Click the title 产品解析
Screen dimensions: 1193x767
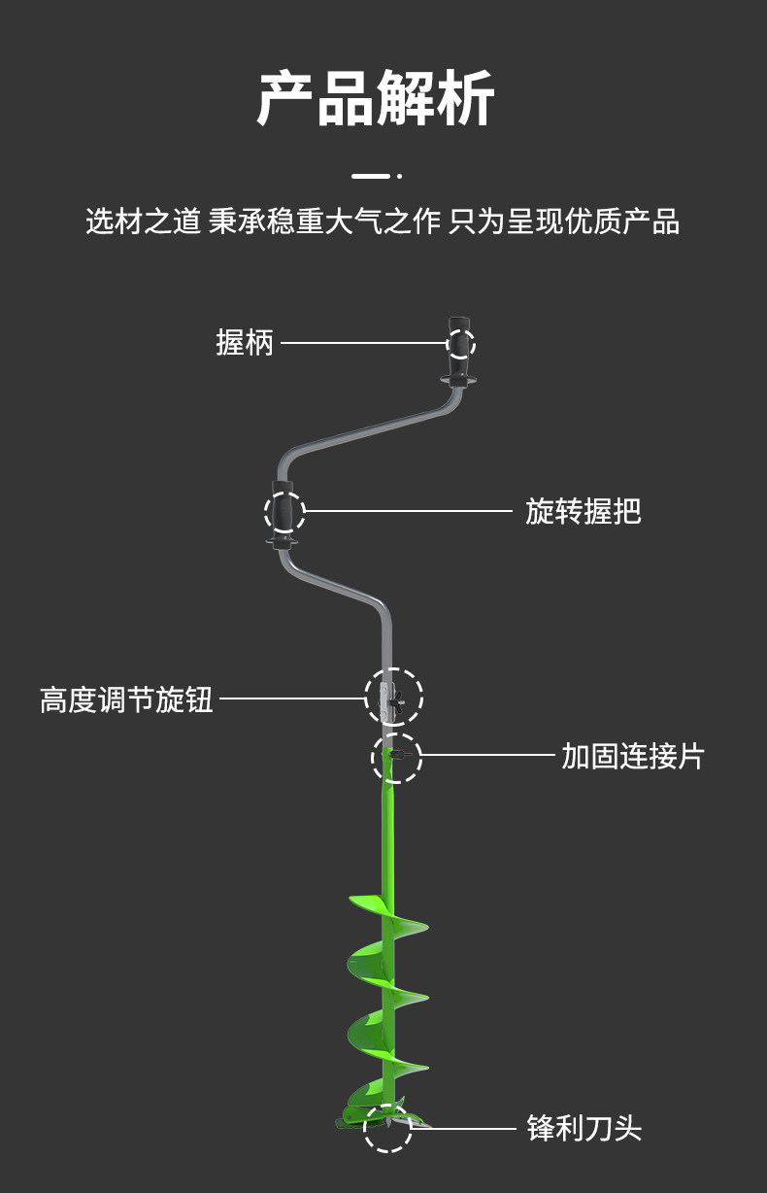376,99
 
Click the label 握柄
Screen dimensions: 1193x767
245,343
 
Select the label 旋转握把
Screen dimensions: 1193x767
583,511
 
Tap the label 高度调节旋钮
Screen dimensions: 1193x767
126,699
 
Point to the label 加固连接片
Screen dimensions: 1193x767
633,756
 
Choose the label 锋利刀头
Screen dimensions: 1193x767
584,1129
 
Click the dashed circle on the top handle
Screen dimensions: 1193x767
461,343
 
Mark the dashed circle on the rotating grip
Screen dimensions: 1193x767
284,512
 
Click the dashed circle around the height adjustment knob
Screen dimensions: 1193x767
393,697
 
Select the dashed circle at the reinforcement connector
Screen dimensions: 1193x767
397,758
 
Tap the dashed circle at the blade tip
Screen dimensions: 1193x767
387,1128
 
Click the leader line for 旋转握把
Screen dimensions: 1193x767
408,511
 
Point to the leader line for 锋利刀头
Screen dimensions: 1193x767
464,1129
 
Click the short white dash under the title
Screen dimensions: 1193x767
370,176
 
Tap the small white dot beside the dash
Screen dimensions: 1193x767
399,176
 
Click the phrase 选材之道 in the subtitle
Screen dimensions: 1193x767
143,222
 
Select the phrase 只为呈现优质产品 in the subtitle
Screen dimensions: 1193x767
564,222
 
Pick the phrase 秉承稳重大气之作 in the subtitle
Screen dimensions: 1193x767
324,222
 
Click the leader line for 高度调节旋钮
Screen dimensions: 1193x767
291,698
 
